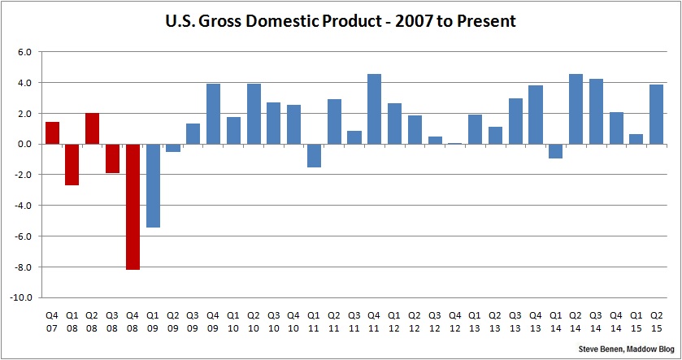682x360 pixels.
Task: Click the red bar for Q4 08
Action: coord(132,206)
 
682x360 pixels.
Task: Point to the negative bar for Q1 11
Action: coord(314,155)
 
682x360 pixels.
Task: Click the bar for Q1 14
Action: coord(555,151)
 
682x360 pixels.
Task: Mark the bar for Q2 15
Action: coord(656,115)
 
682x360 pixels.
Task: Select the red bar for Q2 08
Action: coord(93,128)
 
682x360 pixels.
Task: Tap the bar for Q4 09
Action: coord(213,114)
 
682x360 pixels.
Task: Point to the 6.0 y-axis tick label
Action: coord(24,52)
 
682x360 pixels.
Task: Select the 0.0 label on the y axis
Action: coord(24,145)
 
